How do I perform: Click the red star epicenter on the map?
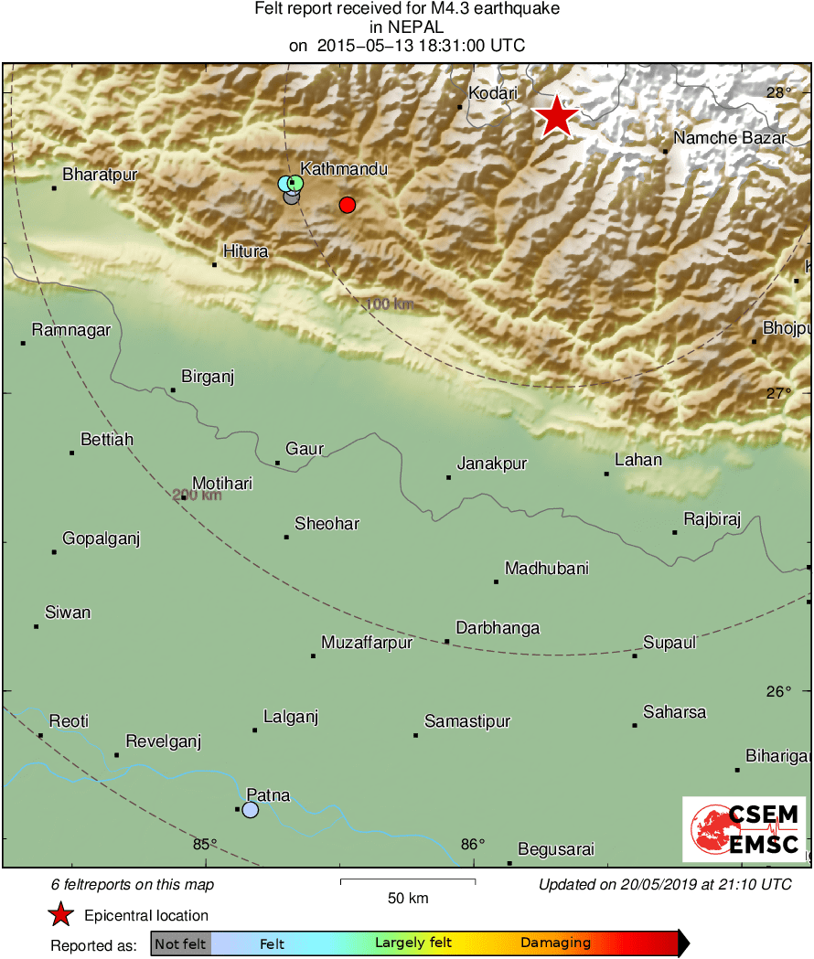coord(556,117)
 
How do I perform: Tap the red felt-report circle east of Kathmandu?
coord(347,205)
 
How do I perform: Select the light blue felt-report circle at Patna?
coord(251,810)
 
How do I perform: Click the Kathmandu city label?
coord(344,169)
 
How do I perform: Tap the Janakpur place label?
coord(492,464)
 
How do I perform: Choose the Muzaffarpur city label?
coord(367,643)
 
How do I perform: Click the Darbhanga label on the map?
coord(498,628)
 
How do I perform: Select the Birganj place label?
coord(208,377)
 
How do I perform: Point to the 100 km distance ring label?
coord(389,304)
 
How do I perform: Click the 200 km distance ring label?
coord(198,495)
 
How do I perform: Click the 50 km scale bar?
coord(408,881)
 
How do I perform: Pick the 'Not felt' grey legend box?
coord(180,943)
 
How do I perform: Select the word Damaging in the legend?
coord(555,943)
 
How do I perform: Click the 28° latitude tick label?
coord(779,92)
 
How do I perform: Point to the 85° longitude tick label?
coord(205,844)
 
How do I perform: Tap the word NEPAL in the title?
coord(407,27)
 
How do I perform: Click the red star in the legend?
coord(60,914)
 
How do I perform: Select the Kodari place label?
coord(492,93)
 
